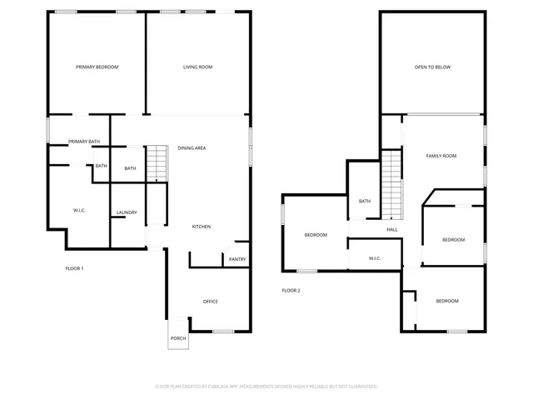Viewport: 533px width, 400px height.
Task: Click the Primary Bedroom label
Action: pyautogui.click(x=97, y=67)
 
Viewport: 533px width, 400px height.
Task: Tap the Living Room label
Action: pyautogui.click(x=198, y=67)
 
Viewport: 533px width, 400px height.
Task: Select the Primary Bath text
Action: pyautogui.click(x=84, y=142)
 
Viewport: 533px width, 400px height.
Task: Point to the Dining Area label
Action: pyautogui.click(x=192, y=148)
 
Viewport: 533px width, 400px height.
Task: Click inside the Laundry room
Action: pyautogui.click(x=127, y=212)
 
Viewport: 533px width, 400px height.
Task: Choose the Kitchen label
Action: pyautogui.click(x=202, y=227)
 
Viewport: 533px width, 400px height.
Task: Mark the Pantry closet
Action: pyautogui.click(x=237, y=260)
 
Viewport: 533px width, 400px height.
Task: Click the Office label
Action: pyautogui.click(x=211, y=301)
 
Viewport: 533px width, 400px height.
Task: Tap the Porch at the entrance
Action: pyautogui.click(x=178, y=338)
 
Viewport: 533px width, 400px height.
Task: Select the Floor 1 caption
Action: pyautogui.click(x=75, y=268)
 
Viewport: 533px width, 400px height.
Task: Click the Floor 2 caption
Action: pyautogui.click(x=291, y=290)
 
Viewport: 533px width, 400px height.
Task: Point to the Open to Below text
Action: pyautogui.click(x=432, y=67)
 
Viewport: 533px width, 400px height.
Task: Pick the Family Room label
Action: pyautogui.click(x=441, y=156)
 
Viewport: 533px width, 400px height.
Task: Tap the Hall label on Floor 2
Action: pyautogui.click(x=392, y=230)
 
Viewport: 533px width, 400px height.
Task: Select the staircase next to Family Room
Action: pyautogui.click(x=391, y=183)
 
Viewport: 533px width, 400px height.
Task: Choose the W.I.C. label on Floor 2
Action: pyautogui.click(x=375, y=258)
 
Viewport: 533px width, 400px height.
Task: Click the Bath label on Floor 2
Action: pyautogui.click(x=365, y=201)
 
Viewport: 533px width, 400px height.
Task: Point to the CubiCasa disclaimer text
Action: pyautogui.click(x=266, y=387)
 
